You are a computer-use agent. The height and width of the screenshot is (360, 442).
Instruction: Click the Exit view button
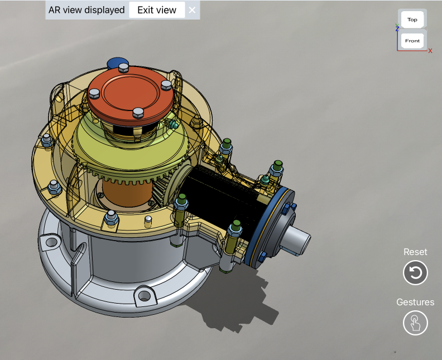pyautogui.click(x=157, y=10)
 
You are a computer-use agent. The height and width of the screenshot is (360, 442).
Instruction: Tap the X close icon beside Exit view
pyautogui.click(x=192, y=10)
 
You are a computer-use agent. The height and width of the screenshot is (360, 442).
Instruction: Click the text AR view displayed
pyautogui.click(x=87, y=10)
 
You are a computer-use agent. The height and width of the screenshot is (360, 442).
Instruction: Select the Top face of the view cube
pyautogui.click(x=412, y=20)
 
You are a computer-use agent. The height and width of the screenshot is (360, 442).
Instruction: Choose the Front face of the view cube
pyautogui.click(x=412, y=41)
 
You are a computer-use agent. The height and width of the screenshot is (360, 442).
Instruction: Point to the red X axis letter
pyautogui.click(x=430, y=51)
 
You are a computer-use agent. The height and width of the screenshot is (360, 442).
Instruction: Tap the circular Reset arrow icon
pyautogui.click(x=415, y=273)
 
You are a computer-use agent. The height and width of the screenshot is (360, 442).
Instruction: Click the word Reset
pyautogui.click(x=415, y=252)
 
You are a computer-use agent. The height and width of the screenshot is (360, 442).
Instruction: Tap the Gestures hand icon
pyautogui.click(x=415, y=323)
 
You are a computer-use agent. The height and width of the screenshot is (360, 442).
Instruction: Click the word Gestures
pyautogui.click(x=415, y=302)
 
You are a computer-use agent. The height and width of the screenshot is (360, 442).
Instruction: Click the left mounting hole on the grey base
pyautogui.click(x=51, y=242)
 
